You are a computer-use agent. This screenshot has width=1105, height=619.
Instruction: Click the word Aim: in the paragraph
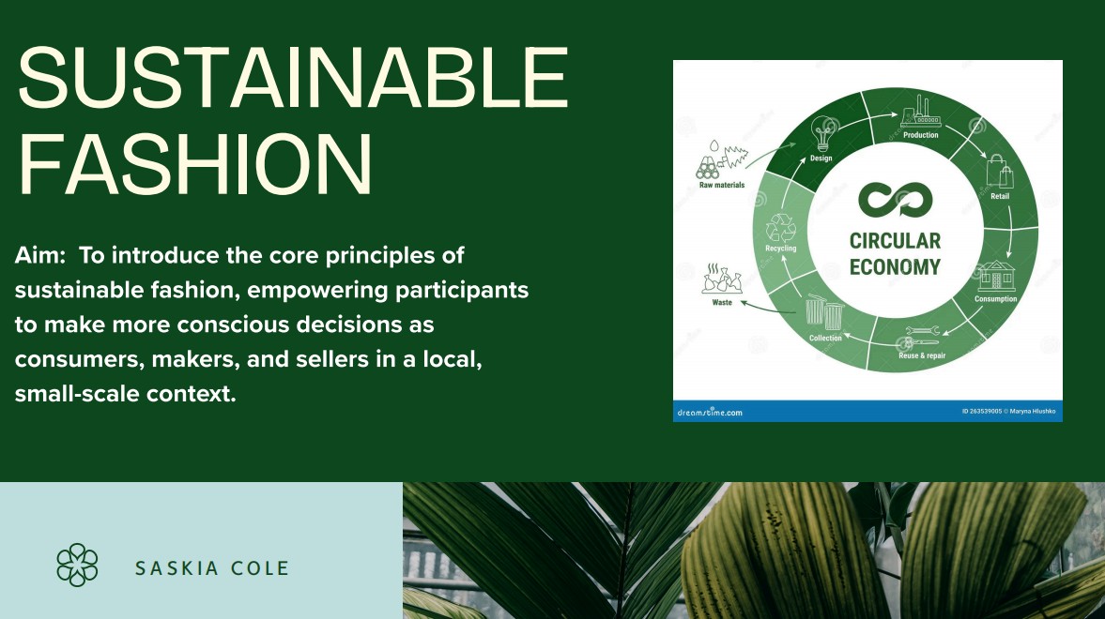coord(40,255)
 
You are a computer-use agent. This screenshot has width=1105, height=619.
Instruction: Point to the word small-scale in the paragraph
coord(77,394)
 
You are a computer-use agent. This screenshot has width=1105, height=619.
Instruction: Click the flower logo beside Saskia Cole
coord(78,565)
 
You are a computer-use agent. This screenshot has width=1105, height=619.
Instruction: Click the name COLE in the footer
coord(262,568)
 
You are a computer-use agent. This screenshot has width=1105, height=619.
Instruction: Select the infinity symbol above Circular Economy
coord(895,200)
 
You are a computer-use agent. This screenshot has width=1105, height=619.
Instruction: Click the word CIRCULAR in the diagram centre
coord(895,242)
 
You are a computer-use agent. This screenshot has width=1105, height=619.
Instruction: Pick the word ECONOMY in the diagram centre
coord(895,267)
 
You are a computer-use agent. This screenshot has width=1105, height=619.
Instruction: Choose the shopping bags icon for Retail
coord(999,171)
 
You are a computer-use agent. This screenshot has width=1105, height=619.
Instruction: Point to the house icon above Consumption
coord(996,276)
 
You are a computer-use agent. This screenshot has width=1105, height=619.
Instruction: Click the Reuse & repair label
coord(922,355)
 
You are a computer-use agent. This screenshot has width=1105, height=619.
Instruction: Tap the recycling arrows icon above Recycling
coord(781,228)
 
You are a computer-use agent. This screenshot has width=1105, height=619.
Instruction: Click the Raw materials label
coord(722,185)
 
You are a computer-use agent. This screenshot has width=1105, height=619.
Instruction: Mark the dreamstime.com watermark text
coord(710,412)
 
